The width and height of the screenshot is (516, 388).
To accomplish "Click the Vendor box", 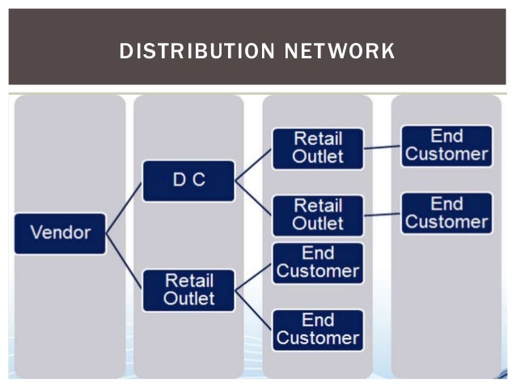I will point(60,232).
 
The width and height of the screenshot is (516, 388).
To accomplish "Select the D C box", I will point(188,181).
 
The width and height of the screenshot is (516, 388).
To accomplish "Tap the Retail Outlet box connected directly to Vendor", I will point(188,290).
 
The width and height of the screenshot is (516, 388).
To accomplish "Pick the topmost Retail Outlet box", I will point(318,147).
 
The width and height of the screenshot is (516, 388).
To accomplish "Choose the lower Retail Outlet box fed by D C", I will point(318,214).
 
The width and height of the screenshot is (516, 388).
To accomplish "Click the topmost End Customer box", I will point(446,145).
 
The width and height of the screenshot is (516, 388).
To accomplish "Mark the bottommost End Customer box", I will point(318,329).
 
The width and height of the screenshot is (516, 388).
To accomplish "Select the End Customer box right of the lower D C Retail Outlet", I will point(446,212).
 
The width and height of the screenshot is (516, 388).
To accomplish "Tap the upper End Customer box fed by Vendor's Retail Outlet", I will point(318,262).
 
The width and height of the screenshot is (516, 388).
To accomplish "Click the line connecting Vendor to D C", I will point(125,207).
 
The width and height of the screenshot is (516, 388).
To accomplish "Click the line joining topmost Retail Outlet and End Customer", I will point(383,147).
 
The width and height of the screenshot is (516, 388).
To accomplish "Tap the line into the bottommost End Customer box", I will point(253,309).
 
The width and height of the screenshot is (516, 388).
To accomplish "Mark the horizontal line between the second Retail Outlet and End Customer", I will point(383,214).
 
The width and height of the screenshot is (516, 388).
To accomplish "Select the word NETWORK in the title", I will point(339,52).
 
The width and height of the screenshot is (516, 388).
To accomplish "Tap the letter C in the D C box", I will point(198,180).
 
